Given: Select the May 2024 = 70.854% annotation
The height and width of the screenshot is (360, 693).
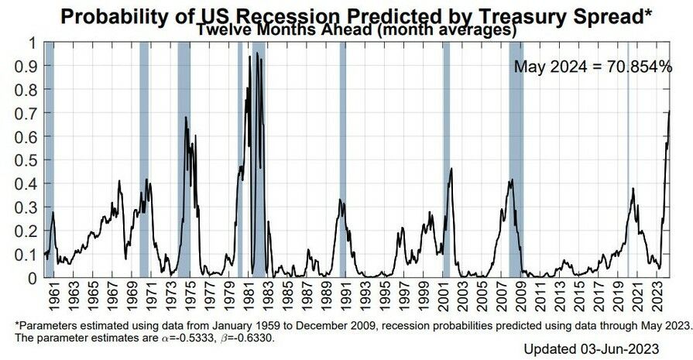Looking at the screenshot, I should coord(593,67).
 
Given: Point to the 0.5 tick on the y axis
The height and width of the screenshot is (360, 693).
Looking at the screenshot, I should coord(29,159).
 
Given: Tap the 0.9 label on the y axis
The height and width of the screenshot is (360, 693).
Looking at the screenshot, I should coord(29,66).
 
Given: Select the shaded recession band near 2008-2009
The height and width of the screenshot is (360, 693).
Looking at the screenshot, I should coord(516,155).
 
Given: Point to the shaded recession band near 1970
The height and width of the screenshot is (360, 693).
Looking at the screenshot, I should coord(144,155).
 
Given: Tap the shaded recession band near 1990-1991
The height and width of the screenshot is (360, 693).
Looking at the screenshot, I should coord(343,155).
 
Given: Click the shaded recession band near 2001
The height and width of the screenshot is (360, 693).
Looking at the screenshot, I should coord(446,155).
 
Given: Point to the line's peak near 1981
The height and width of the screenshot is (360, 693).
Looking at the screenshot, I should coord(250,53).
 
